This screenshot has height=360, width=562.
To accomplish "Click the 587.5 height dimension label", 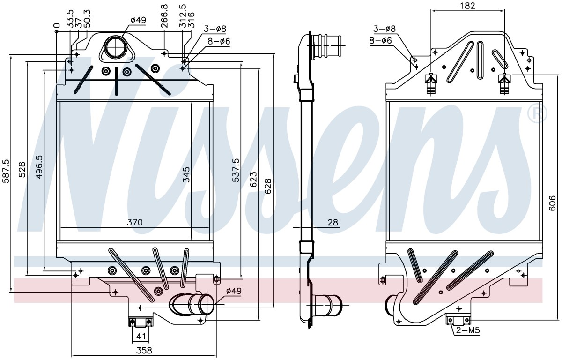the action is [x=6, y=171].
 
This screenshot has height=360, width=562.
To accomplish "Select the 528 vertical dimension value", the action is [x=22, y=170].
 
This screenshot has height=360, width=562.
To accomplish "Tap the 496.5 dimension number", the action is [x=39, y=167].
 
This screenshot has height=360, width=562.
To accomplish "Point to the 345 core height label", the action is [x=186, y=174].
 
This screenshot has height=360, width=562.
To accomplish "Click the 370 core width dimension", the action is [x=135, y=222].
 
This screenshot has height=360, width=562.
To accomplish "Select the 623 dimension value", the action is [x=253, y=179].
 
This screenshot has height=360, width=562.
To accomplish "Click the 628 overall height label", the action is [x=268, y=186].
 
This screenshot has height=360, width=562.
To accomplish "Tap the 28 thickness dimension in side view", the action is [x=333, y=222].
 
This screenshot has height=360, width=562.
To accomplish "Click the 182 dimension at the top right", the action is [x=468, y=6].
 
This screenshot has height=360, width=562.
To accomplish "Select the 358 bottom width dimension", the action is [x=144, y=350].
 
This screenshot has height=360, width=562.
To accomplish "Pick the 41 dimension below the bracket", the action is [x=140, y=336].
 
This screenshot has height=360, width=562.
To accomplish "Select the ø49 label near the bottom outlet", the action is [x=234, y=291].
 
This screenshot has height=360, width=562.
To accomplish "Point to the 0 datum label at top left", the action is [x=57, y=26].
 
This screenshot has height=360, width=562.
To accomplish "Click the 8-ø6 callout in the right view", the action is [x=380, y=40].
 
